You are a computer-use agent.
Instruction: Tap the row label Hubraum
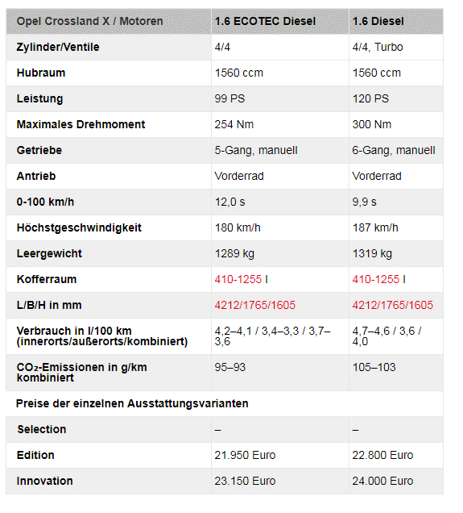[x=41, y=73]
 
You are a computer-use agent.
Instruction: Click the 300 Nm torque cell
[x=372, y=124]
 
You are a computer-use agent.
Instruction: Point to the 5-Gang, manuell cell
[x=256, y=150]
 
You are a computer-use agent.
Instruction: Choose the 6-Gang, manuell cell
[x=394, y=150]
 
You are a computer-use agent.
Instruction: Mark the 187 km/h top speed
[x=375, y=227]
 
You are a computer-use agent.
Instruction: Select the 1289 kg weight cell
[x=234, y=253]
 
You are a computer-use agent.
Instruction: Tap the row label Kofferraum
[x=46, y=279]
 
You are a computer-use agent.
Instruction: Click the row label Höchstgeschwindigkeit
[x=79, y=227]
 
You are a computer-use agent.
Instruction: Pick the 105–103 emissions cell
[x=374, y=367]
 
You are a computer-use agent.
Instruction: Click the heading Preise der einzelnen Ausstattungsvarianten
[x=132, y=403]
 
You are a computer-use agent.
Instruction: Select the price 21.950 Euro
[x=245, y=455]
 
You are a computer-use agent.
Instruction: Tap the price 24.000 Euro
[x=382, y=481]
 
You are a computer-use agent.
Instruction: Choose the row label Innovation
[x=45, y=481]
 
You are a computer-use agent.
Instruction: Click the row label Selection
[x=42, y=429]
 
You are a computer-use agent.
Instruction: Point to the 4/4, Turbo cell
[x=378, y=47]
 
